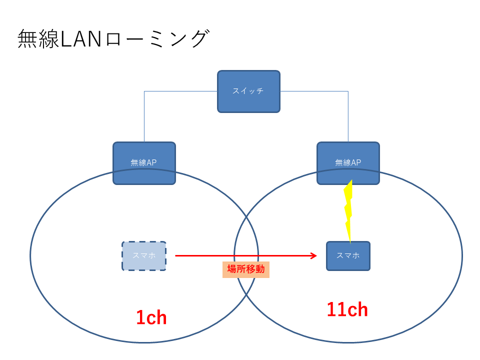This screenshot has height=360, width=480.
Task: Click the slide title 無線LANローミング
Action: tap(112, 39)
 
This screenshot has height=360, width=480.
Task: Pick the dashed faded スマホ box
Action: tap(144, 256)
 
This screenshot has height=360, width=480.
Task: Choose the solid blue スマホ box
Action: tap(348, 256)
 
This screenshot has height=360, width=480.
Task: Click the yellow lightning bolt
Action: tap(348, 210)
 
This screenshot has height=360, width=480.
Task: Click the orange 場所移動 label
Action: tap(245, 269)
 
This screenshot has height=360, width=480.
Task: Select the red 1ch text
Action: tap(151, 318)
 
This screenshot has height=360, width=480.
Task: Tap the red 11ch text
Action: tap(347, 310)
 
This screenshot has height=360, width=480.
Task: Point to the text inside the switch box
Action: tap(248, 91)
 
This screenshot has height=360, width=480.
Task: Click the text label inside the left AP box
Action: tap(144, 162)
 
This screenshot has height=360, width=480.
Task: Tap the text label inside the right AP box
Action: tap(348, 162)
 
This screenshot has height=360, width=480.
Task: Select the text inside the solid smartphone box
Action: tap(348, 255)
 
